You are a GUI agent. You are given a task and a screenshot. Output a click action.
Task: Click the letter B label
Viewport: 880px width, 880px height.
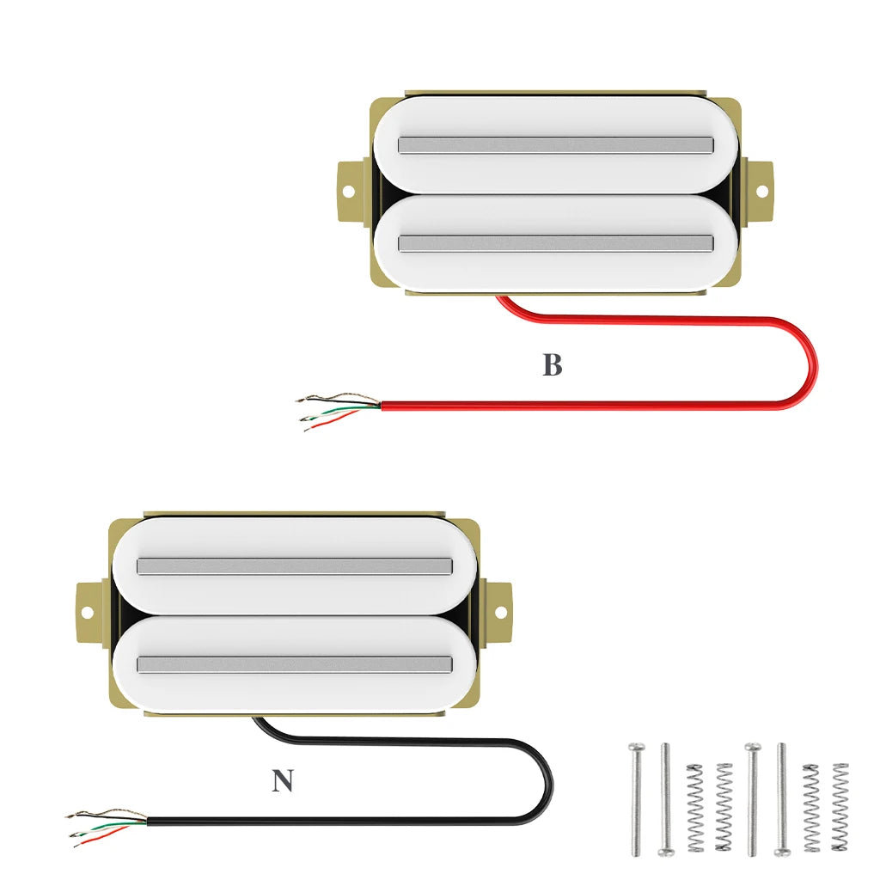pyautogui.click(x=552, y=365)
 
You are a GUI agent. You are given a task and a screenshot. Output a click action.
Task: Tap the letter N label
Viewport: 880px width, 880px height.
pyautogui.click(x=282, y=781)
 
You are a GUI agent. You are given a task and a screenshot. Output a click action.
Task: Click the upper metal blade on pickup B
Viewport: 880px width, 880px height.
pyautogui.click(x=556, y=144)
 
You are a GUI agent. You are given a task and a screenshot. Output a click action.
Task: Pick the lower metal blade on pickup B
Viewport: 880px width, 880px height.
pyautogui.click(x=556, y=243)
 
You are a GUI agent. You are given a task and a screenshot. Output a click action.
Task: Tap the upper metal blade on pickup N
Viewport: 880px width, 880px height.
pyautogui.click(x=295, y=565)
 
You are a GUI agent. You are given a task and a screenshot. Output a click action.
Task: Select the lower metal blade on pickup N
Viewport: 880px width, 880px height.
pyautogui.click(x=295, y=664)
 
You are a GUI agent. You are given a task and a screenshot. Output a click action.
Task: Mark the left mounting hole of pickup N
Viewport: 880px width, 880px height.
pyautogui.click(x=87, y=613)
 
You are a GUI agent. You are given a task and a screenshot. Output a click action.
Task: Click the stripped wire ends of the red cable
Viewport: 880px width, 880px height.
pyautogui.click(x=335, y=410)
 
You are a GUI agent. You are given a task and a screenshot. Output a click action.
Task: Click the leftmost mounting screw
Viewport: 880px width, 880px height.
pyautogui.click(x=635, y=799)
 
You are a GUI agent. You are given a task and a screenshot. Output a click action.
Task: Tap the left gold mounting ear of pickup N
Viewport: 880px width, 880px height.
pyautogui.click(x=90, y=613)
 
